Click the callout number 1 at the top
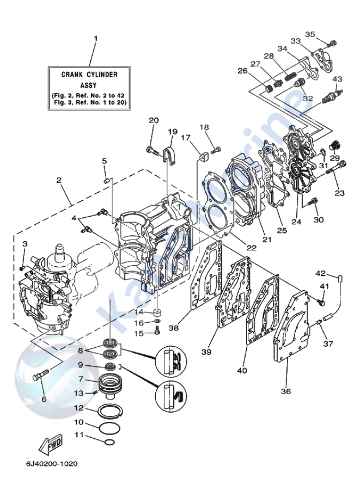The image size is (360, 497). click(x=96, y=39)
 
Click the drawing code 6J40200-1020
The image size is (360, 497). click(x=51, y=464)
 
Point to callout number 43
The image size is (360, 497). click(x=338, y=79)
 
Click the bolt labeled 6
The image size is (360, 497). click(x=42, y=375)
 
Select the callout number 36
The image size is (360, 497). click(x=286, y=390)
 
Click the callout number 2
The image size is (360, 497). click(x=58, y=180)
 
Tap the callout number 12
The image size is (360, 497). click(x=79, y=408)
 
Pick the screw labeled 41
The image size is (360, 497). click(x=321, y=300)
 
